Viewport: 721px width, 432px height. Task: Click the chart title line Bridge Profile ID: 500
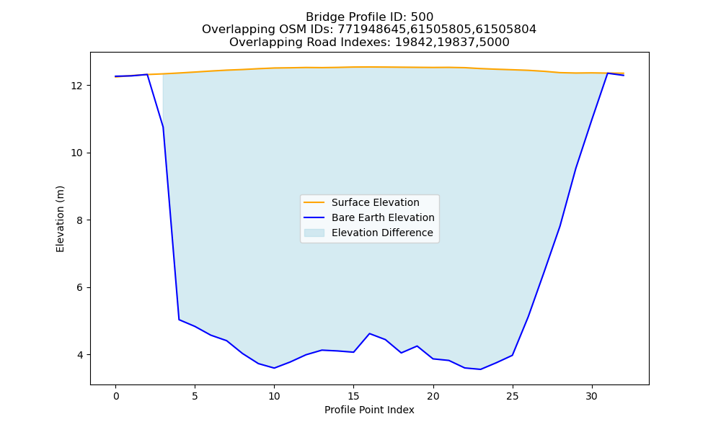click(x=369, y=17)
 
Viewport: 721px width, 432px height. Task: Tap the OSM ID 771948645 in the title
click(x=368, y=30)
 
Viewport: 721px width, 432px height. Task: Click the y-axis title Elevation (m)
click(x=61, y=219)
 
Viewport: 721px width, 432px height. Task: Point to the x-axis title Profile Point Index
click(x=369, y=410)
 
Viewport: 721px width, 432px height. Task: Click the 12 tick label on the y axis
click(x=77, y=86)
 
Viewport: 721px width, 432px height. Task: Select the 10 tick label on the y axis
click(x=77, y=153)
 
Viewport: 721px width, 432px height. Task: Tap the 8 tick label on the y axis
click(x=80, y=220)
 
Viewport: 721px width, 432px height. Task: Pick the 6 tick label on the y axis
click(x=80, y=288)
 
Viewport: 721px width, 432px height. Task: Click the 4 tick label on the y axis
click(x=80, y=355)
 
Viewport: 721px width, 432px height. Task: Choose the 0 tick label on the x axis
click(x=116, y=396)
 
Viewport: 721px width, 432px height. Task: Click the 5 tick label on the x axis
click(x=195, y=396)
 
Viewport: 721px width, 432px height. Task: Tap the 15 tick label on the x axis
click(x=353, y=396)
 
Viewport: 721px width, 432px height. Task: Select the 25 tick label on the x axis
click(x=513, y=396)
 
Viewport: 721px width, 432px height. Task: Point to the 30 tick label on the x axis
click(x=592, y=396)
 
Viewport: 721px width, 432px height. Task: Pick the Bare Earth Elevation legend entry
click(x=368, y=217)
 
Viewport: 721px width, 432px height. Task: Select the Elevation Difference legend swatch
click(x=314, y=233)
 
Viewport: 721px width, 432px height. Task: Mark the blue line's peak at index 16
click(x=370, y=333)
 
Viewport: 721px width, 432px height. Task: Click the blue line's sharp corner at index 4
click(x=179, y=320)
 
